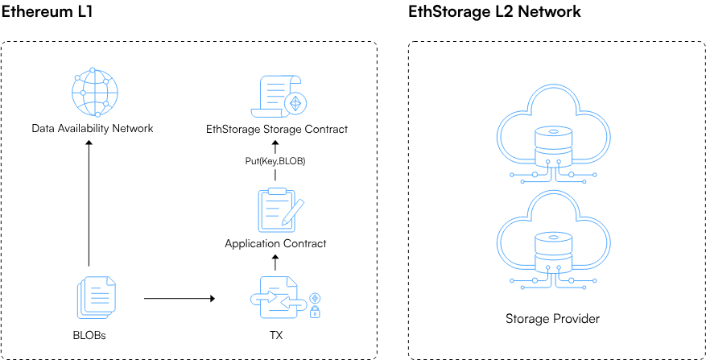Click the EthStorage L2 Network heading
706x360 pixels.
494,12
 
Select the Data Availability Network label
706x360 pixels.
92,128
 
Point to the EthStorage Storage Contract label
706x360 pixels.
277,128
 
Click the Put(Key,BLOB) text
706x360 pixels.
275,161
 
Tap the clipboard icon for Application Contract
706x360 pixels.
277,209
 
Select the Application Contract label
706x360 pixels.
275,243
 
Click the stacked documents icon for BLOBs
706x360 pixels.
94,297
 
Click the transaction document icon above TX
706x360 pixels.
275,298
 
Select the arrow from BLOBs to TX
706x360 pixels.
179,298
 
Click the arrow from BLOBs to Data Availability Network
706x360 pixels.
89,201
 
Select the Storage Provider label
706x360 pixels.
552,319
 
